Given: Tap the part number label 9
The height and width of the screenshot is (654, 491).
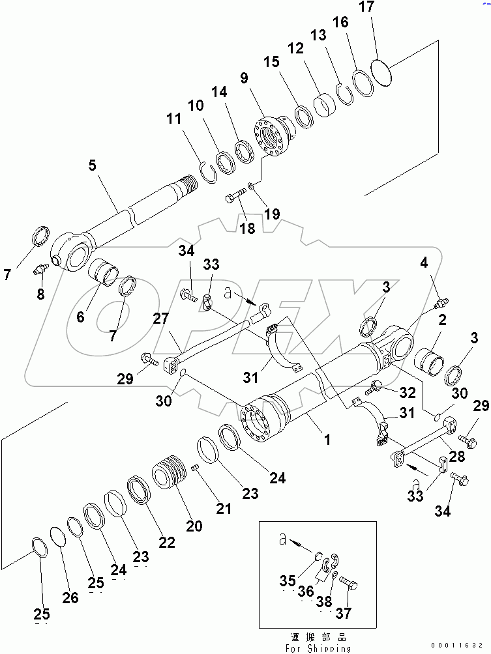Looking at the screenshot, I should (244, 78).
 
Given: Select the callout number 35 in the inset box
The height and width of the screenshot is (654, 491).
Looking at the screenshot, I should (288, 582).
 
